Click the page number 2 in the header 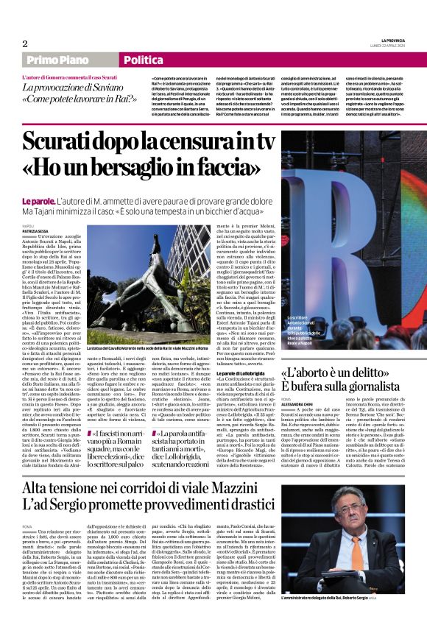pos(24,43)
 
